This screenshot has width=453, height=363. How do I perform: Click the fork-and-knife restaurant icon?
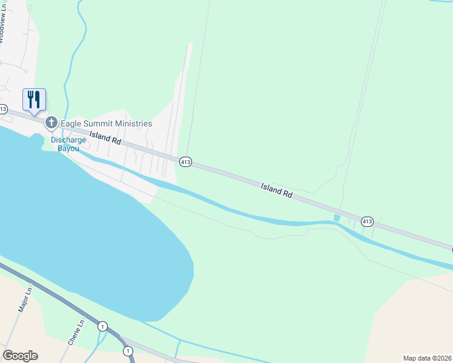click(x=34, y=100)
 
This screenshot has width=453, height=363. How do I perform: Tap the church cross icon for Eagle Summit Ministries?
click(x=51, y=123)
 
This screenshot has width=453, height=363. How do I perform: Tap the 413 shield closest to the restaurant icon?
click(x=3, y=110)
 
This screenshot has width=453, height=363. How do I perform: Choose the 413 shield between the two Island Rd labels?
click(x=185, y=162)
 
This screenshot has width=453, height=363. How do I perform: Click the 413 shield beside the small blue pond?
click(x=367, y=221)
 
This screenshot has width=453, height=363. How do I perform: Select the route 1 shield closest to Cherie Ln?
click(x=103, y=327)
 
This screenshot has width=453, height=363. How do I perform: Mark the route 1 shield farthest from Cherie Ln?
click(x=127, y=351)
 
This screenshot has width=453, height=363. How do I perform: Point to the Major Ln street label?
click(x=24, y=300)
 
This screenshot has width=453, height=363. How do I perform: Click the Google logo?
click(x=20, y=356)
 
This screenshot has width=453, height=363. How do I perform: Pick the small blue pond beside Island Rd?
click(x=337, y=218)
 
